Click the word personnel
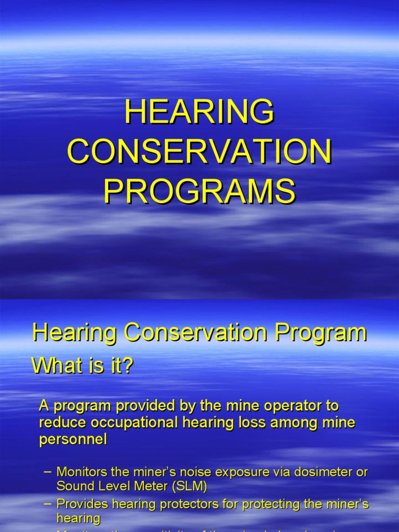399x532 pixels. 73,439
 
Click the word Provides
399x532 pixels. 83,504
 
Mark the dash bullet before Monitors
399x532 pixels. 48,472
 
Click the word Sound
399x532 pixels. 74,486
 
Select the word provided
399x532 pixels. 145,405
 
